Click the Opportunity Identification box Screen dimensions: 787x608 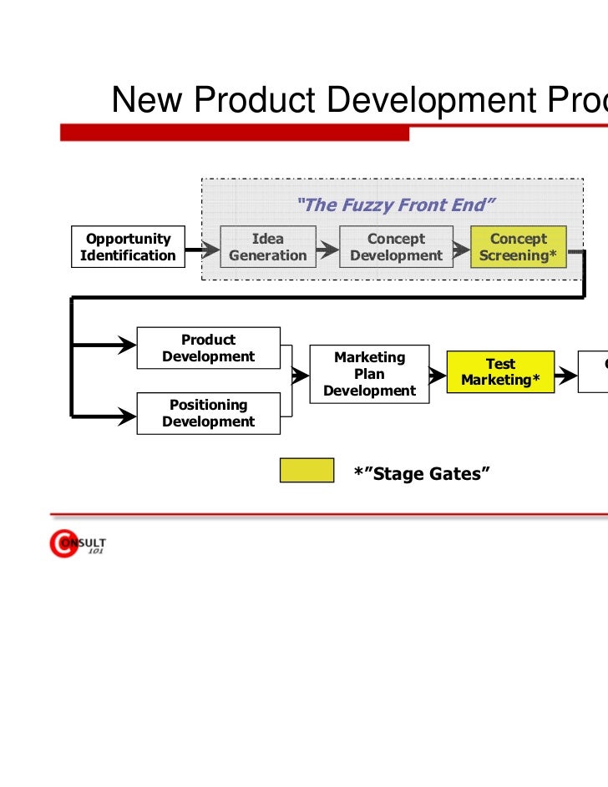[x=129, y=247]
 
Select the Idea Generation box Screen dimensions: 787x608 [x=268, y=247]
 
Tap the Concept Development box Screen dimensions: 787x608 [x=396, y=247]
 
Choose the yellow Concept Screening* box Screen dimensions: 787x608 [x=518, y=247]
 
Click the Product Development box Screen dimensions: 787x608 [x=208, y=348]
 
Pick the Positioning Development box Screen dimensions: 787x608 [x=208, y=413]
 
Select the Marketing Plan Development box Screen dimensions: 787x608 [x=369, y=374]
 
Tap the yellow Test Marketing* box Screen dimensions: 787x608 [x=500, y=372]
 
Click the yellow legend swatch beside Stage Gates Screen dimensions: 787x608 [x=307, y=471]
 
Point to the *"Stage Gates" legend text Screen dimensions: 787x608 [x=421, y=474]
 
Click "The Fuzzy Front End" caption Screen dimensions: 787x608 [x=397, y=204]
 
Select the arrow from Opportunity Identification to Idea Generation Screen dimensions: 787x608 [x=201, y=248]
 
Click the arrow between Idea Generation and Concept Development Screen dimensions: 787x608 [x=328, y=248]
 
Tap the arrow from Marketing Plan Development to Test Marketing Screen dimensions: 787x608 [x=438, y=376]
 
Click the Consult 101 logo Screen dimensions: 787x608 [x=78, y=545]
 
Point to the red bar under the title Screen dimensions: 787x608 [x=234, y=133]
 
